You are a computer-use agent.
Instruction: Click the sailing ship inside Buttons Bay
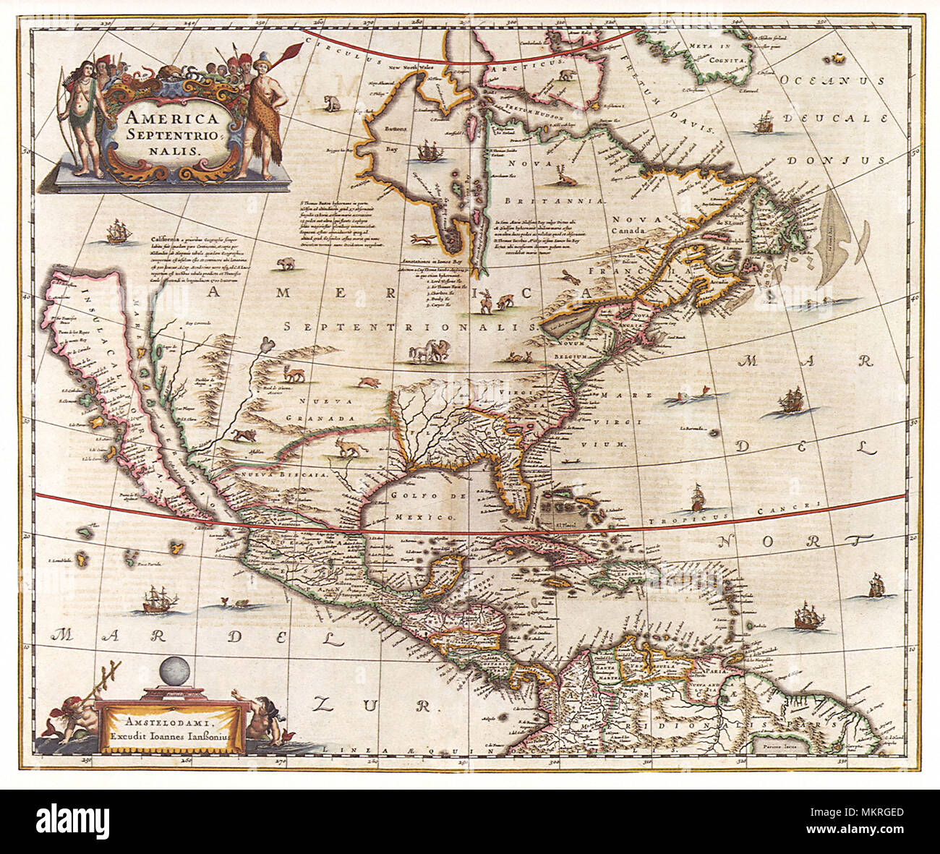point(429,152)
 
